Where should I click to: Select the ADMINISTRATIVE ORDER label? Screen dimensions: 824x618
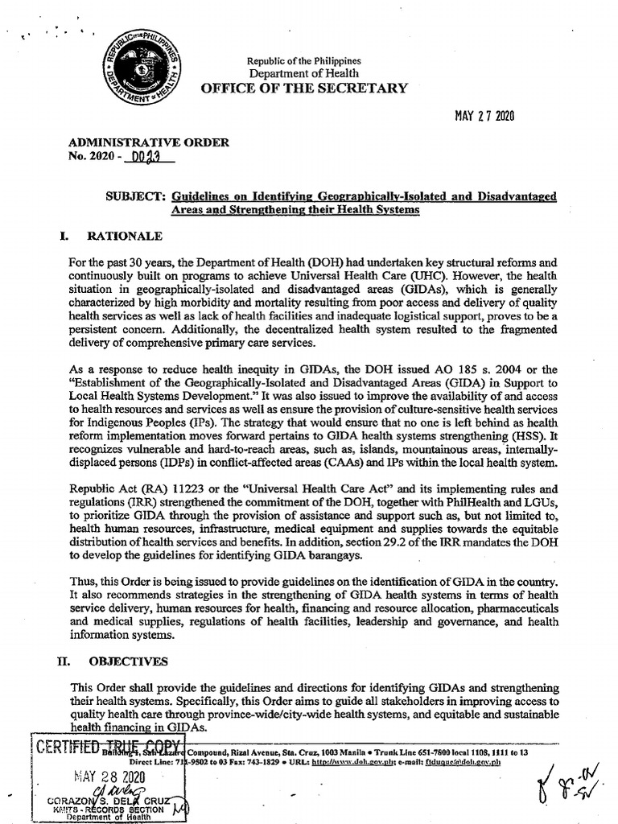tap(149, 142)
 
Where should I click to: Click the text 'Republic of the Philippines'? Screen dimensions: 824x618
tap(303, 61)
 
